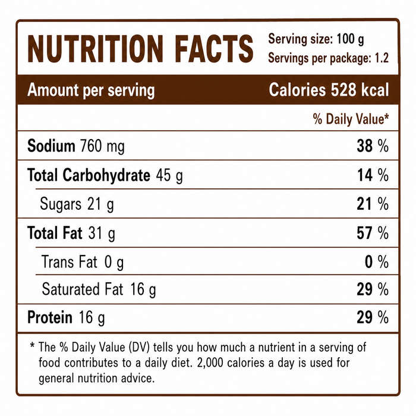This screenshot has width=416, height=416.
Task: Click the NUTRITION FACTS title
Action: click(140, 49)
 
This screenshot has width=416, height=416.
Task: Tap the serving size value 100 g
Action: click(350, 39)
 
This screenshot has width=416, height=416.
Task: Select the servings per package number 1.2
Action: click(382, 58)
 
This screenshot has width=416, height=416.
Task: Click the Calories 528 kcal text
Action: click(329, 90)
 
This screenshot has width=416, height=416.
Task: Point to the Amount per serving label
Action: click(91, 90)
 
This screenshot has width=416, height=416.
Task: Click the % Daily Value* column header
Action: click(351, 119)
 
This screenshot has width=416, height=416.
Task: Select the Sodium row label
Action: click(51, 146)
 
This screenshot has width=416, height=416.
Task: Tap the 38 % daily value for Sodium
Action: click(373, 146)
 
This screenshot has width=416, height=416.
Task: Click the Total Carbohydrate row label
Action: click(89, 175)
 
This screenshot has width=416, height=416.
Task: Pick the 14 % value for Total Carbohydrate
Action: click(373, 175)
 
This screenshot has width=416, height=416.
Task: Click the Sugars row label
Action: click(61, 204)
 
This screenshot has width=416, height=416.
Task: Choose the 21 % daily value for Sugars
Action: click(373, 204)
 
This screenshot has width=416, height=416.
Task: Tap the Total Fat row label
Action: click(55, 233)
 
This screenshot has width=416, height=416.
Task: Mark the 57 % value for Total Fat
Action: click(373, 233)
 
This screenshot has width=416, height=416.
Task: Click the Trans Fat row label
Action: click(70, 261)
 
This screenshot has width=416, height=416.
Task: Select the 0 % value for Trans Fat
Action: click(377, 262)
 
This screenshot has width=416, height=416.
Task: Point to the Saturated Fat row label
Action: click(83, 289)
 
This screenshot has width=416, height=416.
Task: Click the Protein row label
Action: click(50, 317)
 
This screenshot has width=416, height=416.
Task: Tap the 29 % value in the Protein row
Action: click(373, 317)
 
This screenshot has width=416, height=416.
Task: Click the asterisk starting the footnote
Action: click(32, 345)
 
